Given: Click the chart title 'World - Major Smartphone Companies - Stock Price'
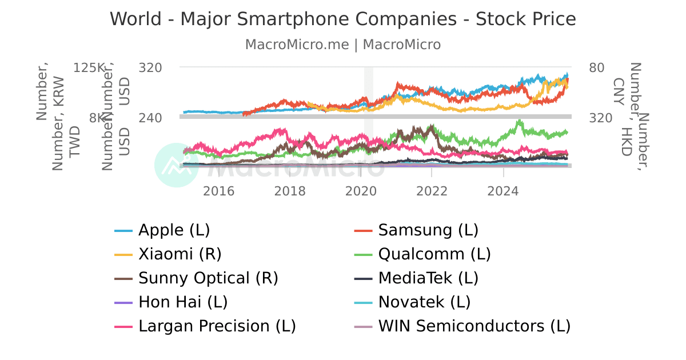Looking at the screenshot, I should [343, 19].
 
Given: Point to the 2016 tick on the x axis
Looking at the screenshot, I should [219, 190].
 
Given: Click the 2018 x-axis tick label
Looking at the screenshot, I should [290, 190].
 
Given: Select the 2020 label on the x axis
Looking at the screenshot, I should [361, 190].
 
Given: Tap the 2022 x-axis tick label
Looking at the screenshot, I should [432, 190].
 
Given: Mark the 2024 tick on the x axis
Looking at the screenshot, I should [503, 190].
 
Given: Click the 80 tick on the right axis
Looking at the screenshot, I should [597, 67].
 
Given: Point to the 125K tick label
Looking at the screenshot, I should [90, 67].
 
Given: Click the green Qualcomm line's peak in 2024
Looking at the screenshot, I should [519, 121].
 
